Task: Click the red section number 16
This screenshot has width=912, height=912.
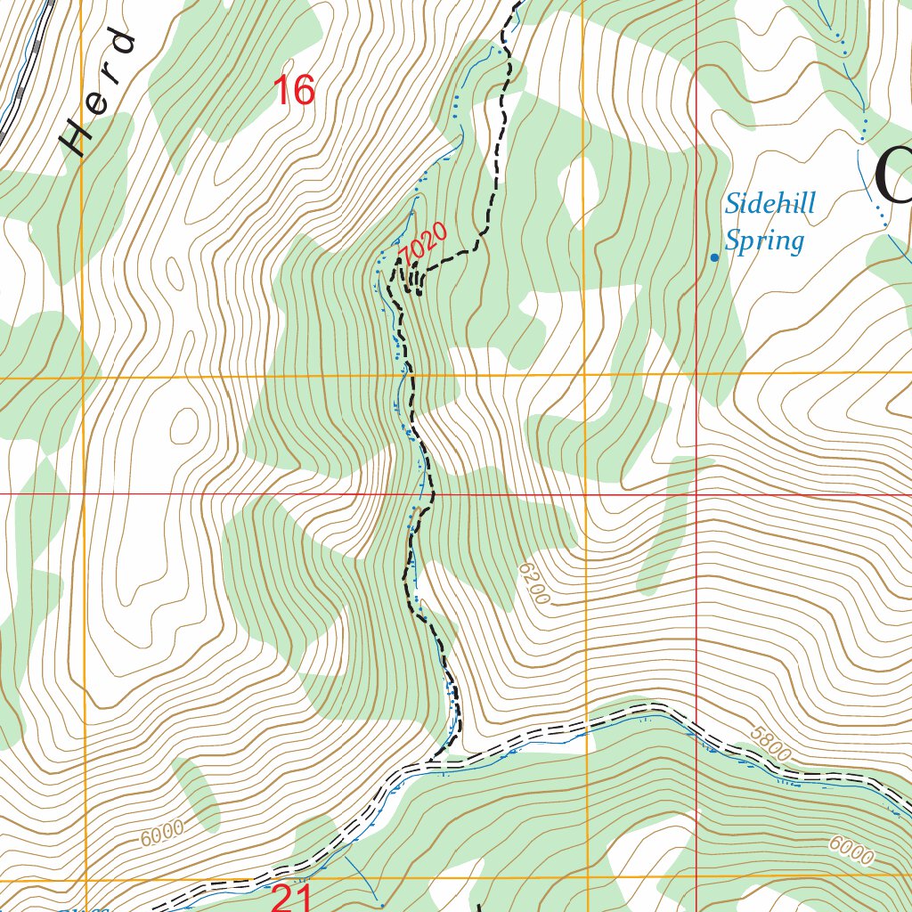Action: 294,91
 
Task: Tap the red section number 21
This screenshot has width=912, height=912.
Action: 290,898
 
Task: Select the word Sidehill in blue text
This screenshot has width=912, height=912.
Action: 769,204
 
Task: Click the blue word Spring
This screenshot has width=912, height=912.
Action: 763,240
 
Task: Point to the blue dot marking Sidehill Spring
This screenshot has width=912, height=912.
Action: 714,258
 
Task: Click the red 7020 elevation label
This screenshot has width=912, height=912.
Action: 422,245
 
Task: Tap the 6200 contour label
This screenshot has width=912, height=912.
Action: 533,583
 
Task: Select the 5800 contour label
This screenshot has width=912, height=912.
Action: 769,746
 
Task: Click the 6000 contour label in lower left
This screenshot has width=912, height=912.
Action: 161,834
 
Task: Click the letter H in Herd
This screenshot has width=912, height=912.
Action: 76,141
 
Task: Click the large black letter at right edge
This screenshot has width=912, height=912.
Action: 894,178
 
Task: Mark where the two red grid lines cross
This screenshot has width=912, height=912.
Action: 696,493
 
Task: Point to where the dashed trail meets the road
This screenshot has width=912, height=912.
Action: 434,761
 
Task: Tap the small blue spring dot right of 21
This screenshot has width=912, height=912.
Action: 382,905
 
